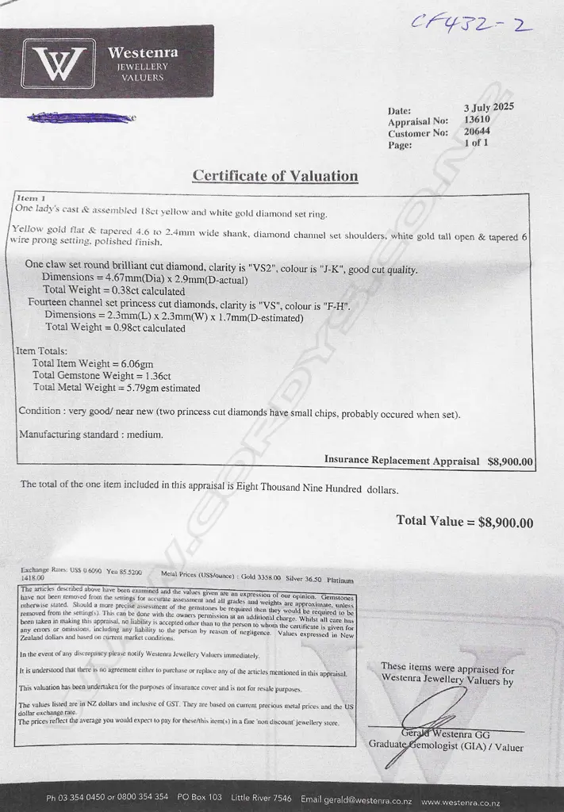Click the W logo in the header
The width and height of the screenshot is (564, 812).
[x=59, y=63]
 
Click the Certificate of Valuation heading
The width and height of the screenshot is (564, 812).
[x=275, y=176]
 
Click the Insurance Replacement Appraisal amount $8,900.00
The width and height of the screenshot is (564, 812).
[x=511, y=461]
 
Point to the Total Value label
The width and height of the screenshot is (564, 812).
[x=434, y=521]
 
